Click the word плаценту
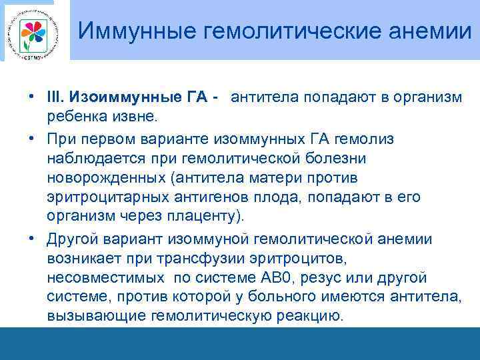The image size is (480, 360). click(x=203, y=218)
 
